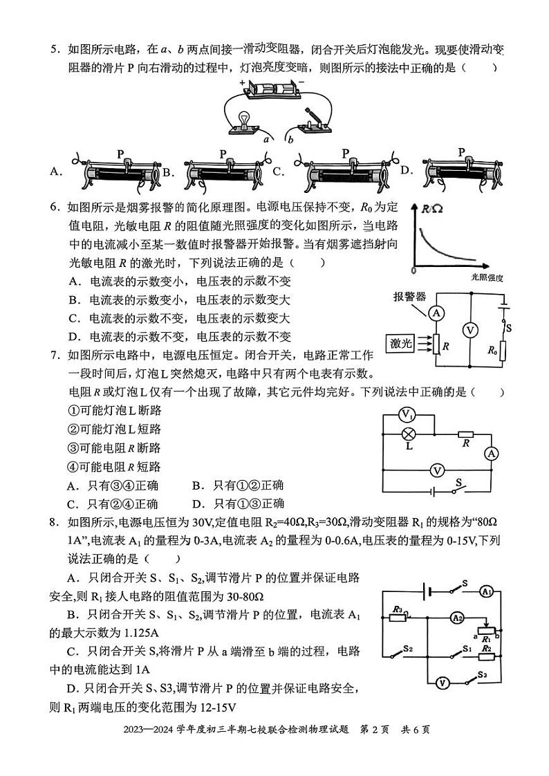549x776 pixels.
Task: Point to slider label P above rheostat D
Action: [461, 152]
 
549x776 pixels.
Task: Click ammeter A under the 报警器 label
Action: [436, 313]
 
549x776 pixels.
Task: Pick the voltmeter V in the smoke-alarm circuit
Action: [470, 330]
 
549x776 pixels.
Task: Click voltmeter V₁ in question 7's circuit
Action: [408, 415]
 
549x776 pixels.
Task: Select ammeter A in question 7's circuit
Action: [491, 454]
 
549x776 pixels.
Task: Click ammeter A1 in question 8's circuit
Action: [486, 591]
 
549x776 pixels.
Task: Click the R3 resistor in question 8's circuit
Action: [397, 616]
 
